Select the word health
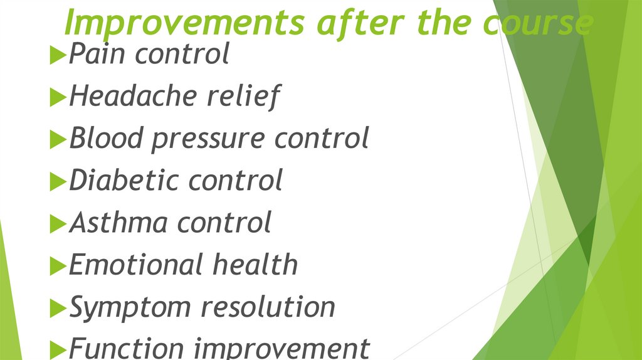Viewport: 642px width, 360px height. [255, 265]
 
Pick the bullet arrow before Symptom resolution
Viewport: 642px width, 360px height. [57, 309]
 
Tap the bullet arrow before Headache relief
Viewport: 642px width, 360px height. [57, 98]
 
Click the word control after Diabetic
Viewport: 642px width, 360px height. [236, 181]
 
